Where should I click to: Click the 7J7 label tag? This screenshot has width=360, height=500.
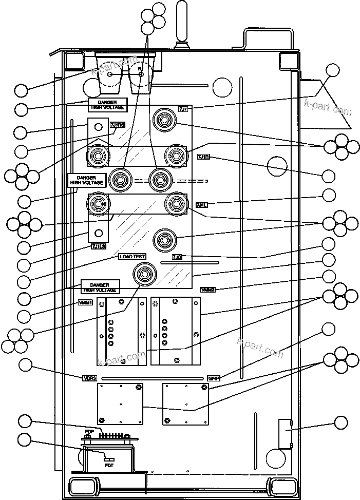point(183,108)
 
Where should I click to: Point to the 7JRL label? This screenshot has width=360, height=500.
point(201,204)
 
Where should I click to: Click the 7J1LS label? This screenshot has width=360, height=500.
point(98,247)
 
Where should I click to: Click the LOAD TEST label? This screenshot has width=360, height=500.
point(132,256)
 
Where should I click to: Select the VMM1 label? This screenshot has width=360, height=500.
point(85,303)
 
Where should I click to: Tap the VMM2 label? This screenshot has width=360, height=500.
point(207,290)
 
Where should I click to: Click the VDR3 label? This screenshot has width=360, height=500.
point(90,379)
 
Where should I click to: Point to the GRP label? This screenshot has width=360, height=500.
point(213,379)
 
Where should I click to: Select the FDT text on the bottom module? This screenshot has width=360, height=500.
point(109,465)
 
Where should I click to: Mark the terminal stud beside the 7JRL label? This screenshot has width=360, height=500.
point(175,203)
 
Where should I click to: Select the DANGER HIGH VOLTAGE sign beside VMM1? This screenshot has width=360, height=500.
point(100,286)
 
